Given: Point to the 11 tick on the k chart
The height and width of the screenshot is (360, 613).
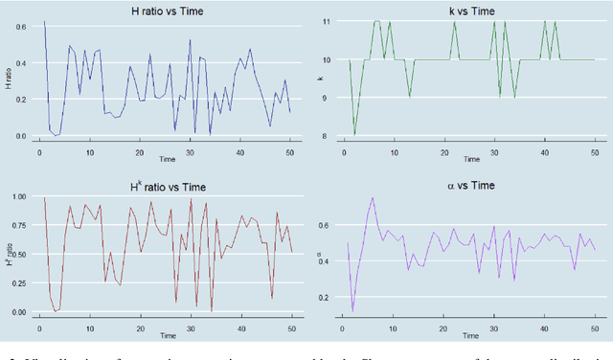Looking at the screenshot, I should tap(327, 20).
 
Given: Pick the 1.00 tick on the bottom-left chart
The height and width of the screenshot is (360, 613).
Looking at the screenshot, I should tap(17, 196).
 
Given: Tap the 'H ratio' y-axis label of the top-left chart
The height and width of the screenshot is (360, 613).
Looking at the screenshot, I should tap(7, 82).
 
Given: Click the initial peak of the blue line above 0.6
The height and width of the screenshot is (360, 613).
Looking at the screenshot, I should tap(44, 20).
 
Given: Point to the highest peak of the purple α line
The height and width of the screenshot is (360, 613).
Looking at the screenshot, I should tap(373, 198).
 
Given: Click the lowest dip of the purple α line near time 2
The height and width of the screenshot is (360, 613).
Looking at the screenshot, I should tap(352, 310).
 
